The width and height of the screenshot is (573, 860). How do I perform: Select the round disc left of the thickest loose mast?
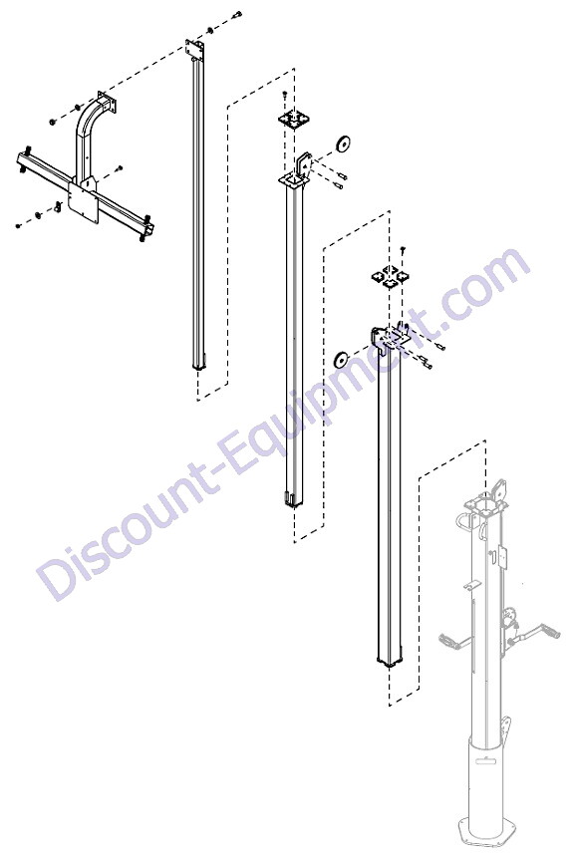tap(342, 361)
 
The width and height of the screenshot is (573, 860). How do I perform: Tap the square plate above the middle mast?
tap(294, 119)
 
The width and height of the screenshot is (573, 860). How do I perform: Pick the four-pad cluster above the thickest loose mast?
tap(389, 276)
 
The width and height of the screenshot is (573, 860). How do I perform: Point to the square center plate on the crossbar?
tap(83, 204)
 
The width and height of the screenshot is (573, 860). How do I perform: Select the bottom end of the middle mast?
tap(293, 499)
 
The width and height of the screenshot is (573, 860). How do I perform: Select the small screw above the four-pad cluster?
tap(403, 251)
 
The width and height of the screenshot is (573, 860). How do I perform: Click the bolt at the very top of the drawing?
tap(236, 16)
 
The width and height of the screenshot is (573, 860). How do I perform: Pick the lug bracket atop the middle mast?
tap(304, 163)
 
